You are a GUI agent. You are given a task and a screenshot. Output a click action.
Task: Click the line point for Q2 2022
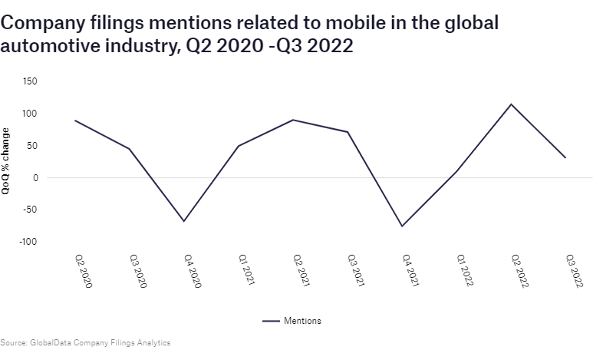tap(512, 104)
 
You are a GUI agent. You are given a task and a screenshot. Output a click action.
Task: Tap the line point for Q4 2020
tap(184, 221)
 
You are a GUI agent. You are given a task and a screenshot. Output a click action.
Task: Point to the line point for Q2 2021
tap(293, 120)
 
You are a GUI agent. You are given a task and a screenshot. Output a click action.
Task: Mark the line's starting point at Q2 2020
tap(75, 121)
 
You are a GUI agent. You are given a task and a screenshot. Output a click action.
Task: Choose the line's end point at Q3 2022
tap(566, 157)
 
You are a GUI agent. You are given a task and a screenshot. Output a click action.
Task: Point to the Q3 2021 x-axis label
tap(354, 270)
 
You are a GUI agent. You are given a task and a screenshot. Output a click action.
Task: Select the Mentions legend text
tap(302, 321)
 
